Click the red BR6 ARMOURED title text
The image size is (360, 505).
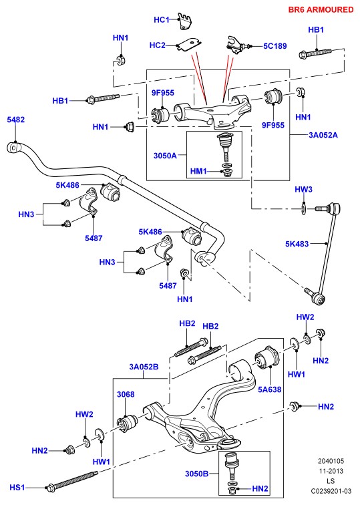point(321,9)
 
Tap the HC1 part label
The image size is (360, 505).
point(162,19)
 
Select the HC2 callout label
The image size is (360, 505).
point(157,45)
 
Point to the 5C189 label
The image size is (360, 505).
point(275,46)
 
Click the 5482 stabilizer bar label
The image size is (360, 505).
point(16,120)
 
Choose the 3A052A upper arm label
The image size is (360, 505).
point(323,135)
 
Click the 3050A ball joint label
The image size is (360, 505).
point(165,156)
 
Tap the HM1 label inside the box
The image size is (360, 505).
point(198,171)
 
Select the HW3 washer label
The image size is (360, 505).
point(303,189)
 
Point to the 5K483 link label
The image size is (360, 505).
point(297,244)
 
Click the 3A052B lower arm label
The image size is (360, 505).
point(144,367)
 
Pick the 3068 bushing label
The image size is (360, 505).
point(126,394)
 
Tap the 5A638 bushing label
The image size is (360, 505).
point(270,389)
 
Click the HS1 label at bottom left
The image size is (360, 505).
point(17,487)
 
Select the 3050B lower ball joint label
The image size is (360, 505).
point(196,474)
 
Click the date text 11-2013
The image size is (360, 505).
point(331,471)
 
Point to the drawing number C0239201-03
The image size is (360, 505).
point(331,491)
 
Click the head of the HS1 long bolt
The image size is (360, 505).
point(51,488)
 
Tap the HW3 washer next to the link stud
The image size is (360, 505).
point(304,208)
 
